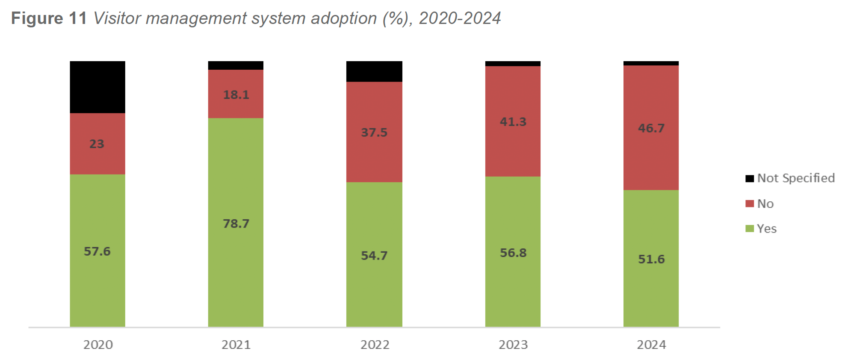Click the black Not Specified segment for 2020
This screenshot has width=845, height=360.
coord(97,87)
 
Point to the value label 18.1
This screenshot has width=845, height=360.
coord(236,94)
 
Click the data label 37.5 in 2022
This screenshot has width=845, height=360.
coord(374,133)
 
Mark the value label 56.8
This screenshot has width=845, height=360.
coord(513,253)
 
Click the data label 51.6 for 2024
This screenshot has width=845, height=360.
coord(651,259)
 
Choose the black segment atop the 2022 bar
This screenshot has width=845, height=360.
coord(374,71)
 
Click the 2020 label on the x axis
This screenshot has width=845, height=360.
coord(98,345)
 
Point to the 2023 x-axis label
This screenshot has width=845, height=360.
coord(513,345)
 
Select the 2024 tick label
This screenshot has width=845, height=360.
coord(651,345)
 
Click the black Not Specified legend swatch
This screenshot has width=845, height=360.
coord(749,178)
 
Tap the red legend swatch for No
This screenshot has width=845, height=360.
coord(749,204)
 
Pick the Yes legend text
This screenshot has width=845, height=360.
coord(766,229)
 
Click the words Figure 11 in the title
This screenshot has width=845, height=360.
coord(49,18)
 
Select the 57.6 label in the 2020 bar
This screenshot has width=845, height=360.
coord(97,251)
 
